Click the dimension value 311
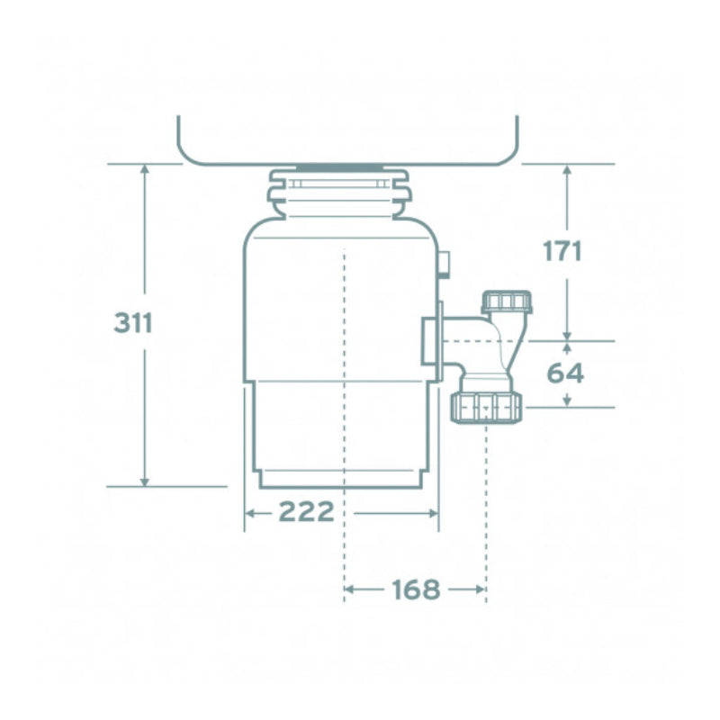(x=133, y=322)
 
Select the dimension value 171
(x=562, y=251)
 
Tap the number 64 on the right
(x=565, y=373)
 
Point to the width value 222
(x=306, y=511)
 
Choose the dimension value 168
(x=416, y=589)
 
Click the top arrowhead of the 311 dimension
(x=144, y=170)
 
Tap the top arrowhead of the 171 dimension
(x=567, y=170)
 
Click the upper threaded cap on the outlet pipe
(x=508, y=301)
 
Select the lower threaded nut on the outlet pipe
(x=487, y=407)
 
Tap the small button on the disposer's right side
(x=444, y=263)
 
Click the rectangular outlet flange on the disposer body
(x=432, y=341)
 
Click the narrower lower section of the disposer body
(x=342, y=432)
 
